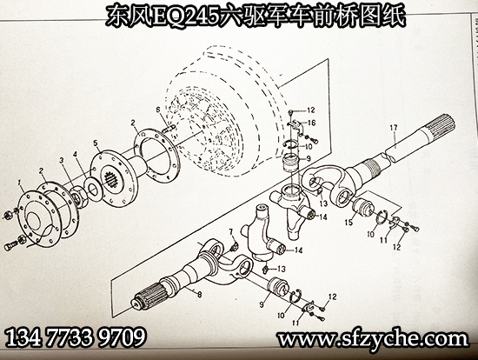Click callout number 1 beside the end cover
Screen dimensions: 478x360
coord(20,183)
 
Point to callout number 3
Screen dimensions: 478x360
coord(63,161)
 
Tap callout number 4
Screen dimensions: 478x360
coord(75,155)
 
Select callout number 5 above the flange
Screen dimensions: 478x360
coord(96,143)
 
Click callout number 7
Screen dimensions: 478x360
coord(230,233)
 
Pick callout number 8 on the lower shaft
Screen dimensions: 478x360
coord(199,295)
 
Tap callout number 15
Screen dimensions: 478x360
coord(349,222)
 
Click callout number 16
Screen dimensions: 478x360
coord(311,123)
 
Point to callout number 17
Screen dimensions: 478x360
coord(394,128)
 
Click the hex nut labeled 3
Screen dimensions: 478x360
coord(80,198)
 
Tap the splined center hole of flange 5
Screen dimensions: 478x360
coord(112,180)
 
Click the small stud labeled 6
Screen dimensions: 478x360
coord(169,130)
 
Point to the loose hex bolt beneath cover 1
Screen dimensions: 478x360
coord(11,245)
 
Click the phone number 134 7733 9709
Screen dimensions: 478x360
coord(76,337)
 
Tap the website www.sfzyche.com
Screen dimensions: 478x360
coord(373,338)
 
